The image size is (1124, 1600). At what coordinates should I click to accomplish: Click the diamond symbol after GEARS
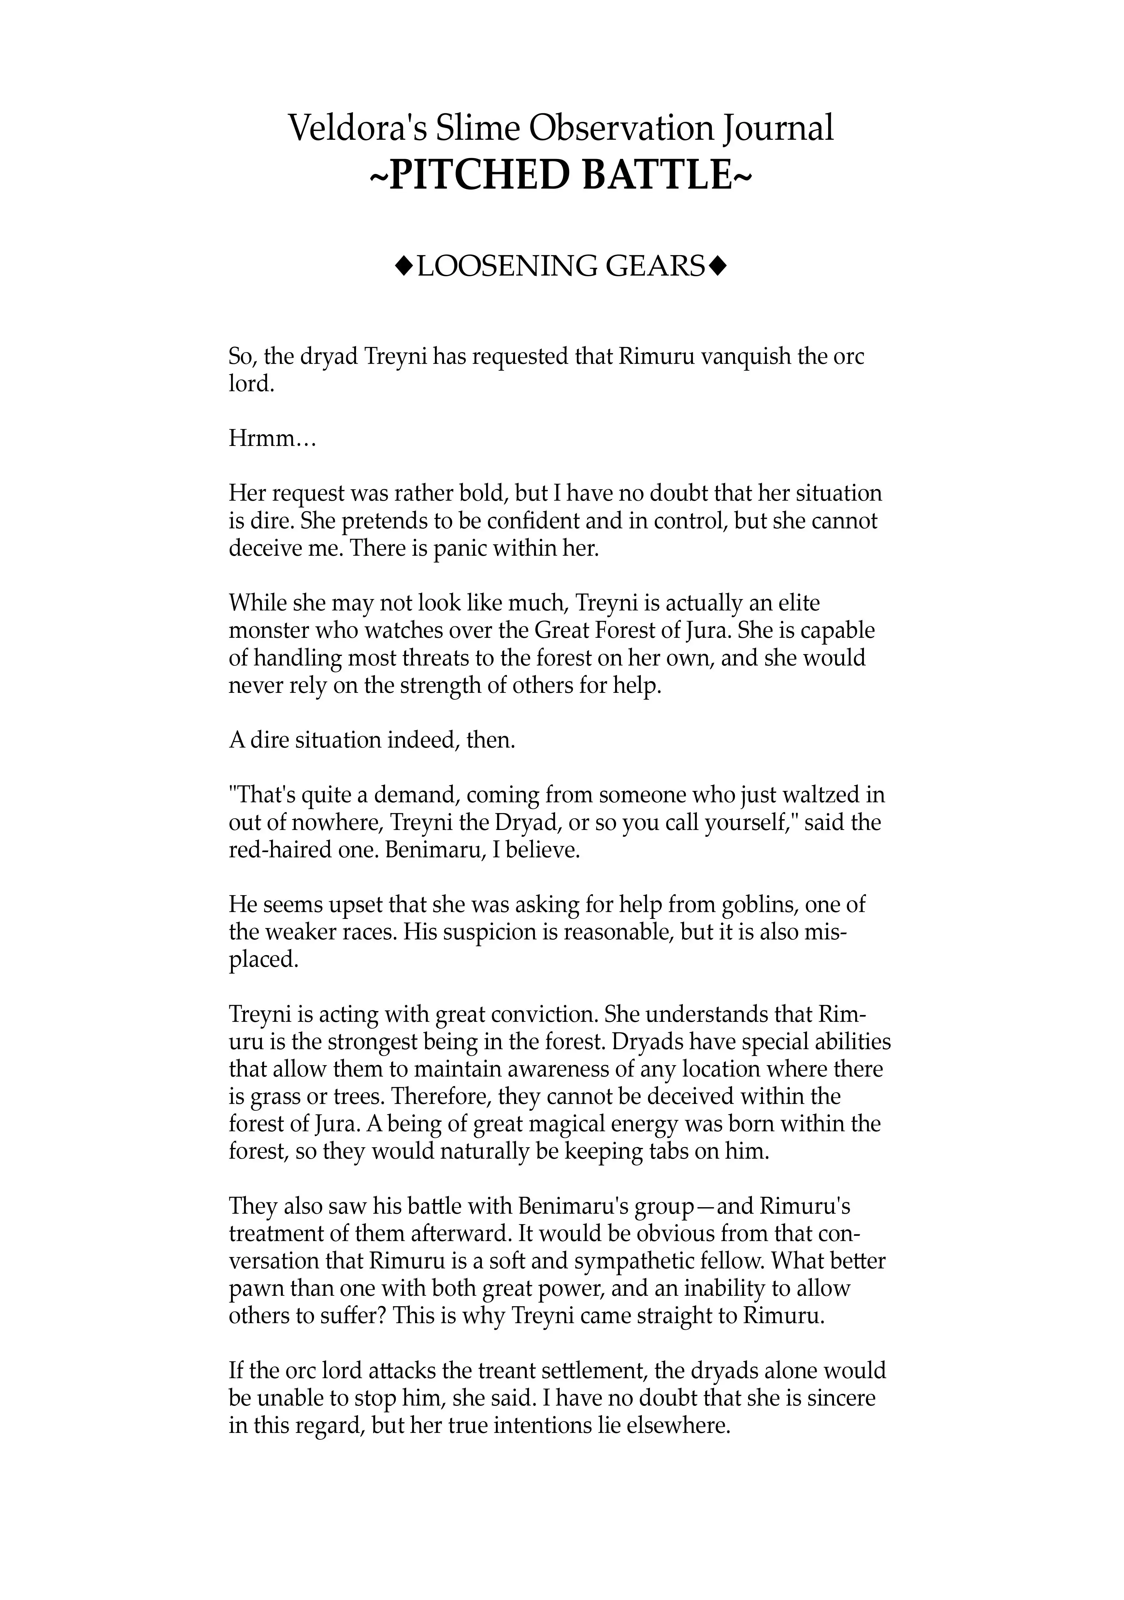pyautogui.click(x=720, y=266)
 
